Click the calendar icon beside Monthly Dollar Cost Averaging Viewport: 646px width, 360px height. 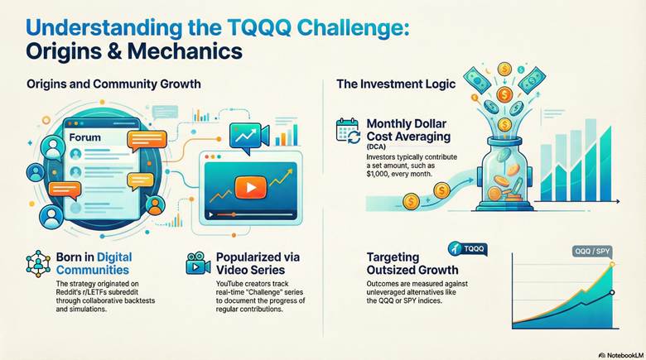coord(347,132)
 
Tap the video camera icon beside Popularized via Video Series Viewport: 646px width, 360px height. coord(195,262)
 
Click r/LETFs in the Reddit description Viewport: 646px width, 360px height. coord(88,293)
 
